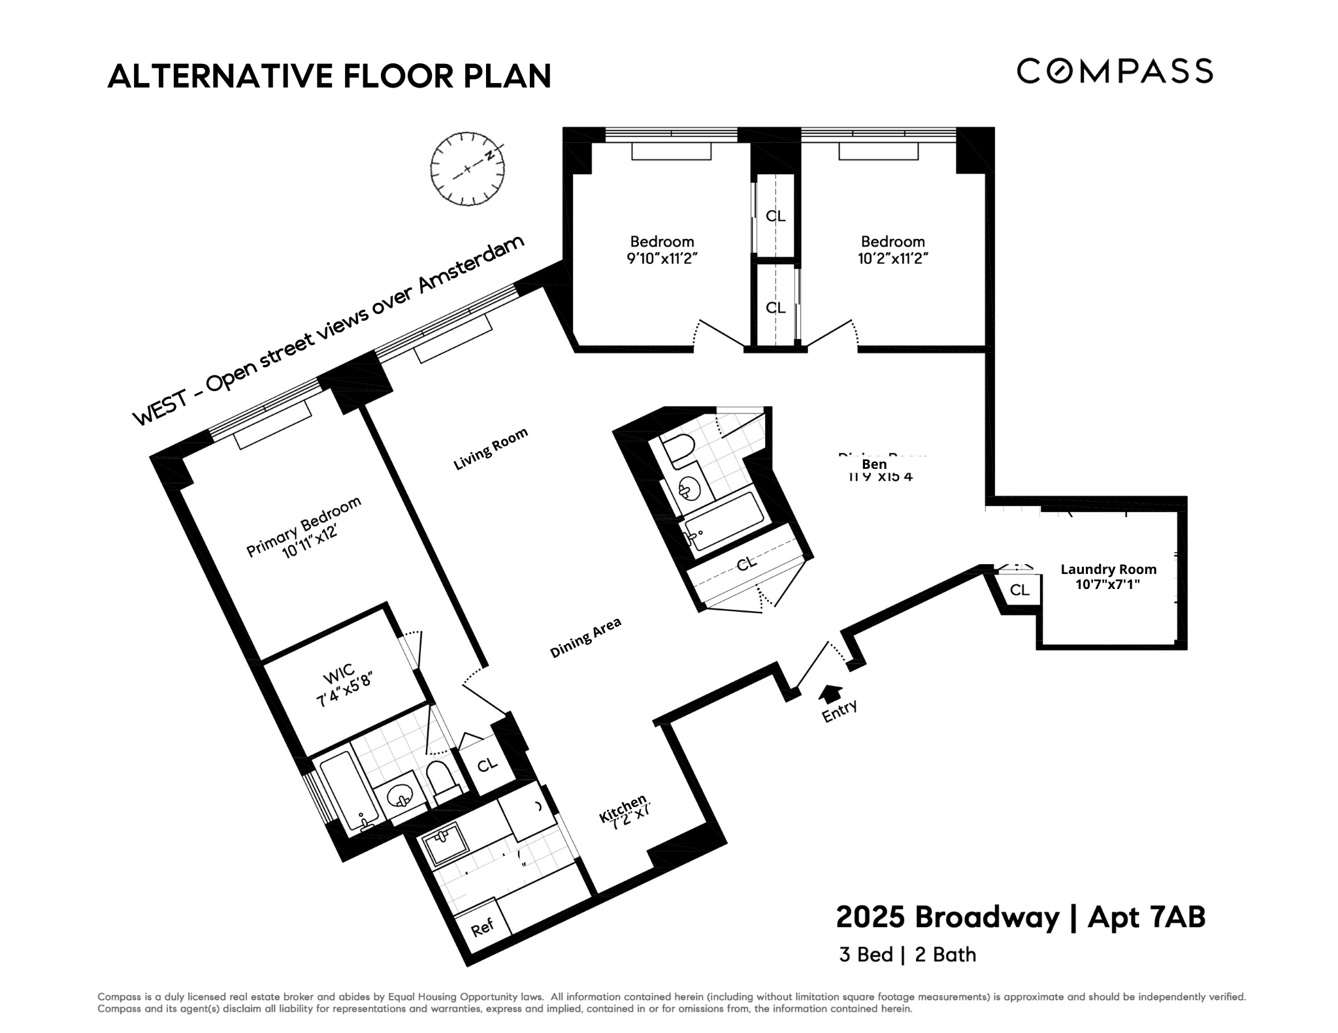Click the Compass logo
pyautogui.click(x=1115, y=71)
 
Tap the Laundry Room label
pyautogui.click(x=1108, y=569)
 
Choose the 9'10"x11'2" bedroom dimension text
pyautogui.click(x=662, y=259)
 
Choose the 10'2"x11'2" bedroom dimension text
pyautogui.click(x=892, y=259)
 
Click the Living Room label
pyautogui.click(x=491, y=449)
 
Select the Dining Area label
pyautogui.click(x=585, y=638)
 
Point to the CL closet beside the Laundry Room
pyautogui.click(x=1019, y=590)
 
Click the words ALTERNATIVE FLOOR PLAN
pyautogui.click(x=329, y=76)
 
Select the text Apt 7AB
pyautogui.click(x=1146, y=917)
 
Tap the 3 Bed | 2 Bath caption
pyautogui.click(x=907, y=955)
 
